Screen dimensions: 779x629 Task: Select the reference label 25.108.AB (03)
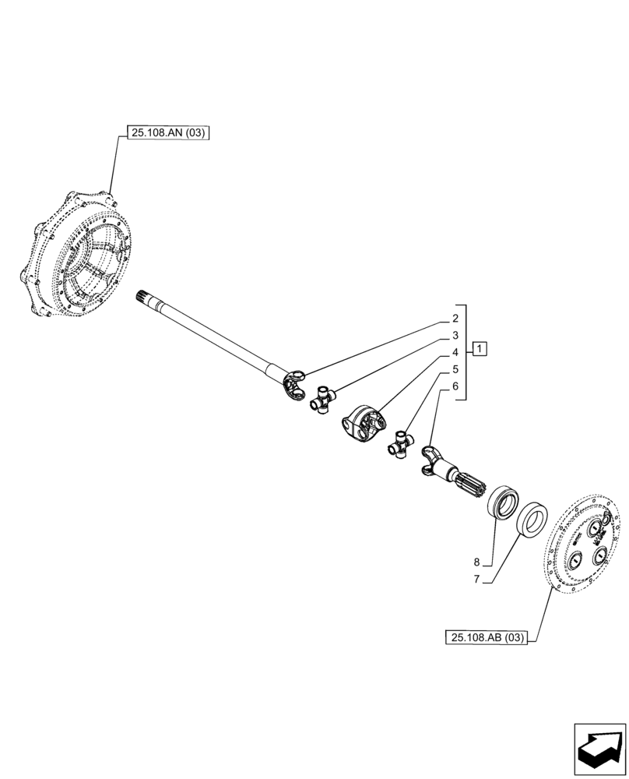487,638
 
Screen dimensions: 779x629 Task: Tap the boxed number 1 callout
480,348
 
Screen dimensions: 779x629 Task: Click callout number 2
455,319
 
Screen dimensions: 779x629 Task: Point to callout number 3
455,336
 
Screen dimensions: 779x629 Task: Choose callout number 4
455,353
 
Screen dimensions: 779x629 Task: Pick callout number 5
455,369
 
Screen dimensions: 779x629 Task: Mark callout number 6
455,386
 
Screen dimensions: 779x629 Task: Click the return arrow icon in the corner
599,749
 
